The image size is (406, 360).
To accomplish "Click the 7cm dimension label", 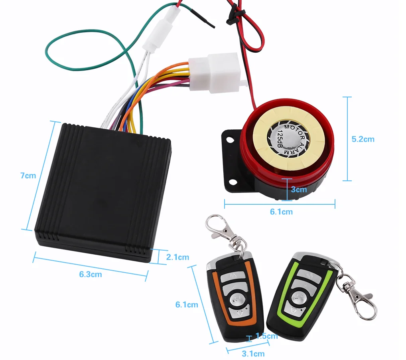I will [28, 176].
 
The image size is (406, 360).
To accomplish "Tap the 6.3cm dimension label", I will [90, 274].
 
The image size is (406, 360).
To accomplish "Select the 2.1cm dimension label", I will [177, 257].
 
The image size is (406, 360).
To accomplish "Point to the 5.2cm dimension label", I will [363, 139].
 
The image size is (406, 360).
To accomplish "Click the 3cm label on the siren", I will [299, 189].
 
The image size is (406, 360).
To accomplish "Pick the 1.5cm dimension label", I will [266, 336].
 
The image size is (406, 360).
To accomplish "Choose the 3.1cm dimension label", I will [253, 354].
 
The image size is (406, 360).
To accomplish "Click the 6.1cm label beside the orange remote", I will [187, 305].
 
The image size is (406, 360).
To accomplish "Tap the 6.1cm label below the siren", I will [281, 212].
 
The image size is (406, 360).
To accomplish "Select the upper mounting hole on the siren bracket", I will [230, 140].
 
